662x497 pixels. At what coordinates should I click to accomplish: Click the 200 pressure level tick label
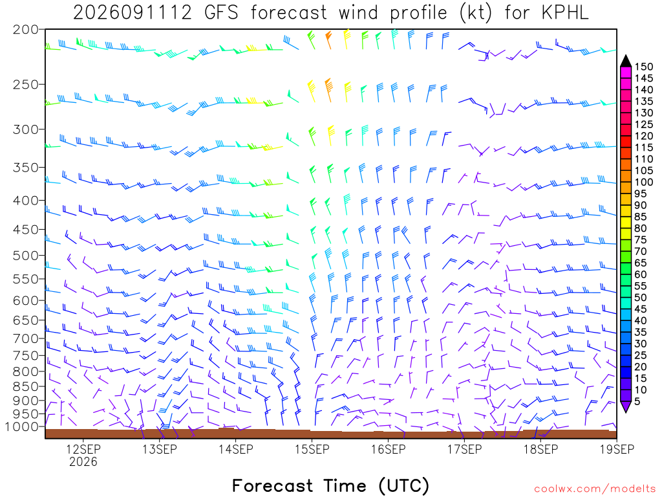point(25,30)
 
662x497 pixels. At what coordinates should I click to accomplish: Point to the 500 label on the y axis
point(25,256)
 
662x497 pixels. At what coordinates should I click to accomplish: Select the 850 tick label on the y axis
point(25,386)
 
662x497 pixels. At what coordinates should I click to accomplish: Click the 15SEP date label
point(312,449)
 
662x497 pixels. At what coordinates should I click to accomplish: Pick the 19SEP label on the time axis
point(617,449)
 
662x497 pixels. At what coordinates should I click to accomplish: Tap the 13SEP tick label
point(159,449)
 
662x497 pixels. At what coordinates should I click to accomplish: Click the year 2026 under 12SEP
point(83,462)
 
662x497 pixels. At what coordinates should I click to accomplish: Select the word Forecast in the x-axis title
point(272,486)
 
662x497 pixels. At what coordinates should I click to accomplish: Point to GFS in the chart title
point(221,13)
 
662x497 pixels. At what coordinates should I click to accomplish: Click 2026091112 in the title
point(132,13)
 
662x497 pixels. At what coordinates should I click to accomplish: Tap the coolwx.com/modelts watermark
point(595,489)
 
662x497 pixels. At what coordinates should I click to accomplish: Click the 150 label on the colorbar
point(643,67)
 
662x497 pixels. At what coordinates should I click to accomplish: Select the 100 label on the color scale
point(643,182)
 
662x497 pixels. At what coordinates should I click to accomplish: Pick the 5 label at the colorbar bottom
point(637,401)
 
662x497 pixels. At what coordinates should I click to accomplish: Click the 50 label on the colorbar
point(641,298)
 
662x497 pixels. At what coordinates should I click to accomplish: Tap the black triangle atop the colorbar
point(626,61)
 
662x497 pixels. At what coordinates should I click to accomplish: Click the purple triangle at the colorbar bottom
point(626,406)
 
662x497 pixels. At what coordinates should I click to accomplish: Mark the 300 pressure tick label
point(25,129)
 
